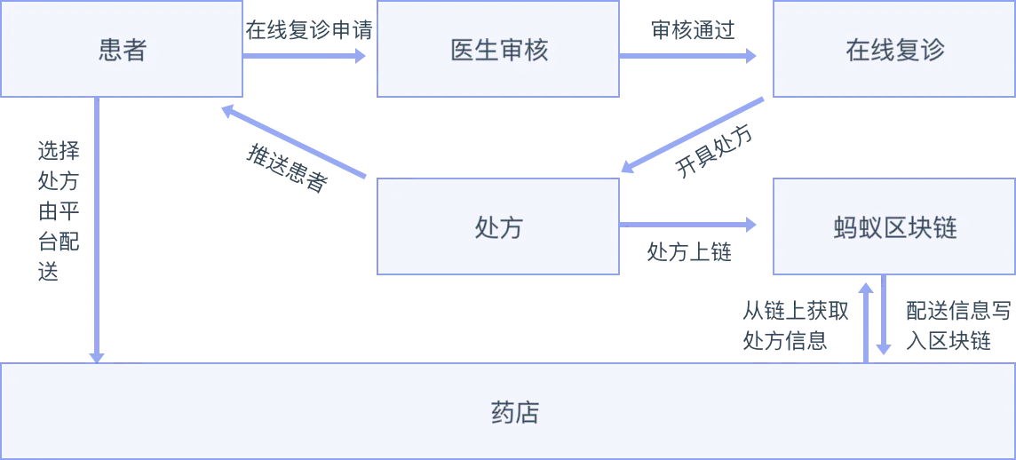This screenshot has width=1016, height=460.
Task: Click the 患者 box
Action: [x=123, y=50]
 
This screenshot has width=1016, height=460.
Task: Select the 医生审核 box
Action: [x=499, y=50]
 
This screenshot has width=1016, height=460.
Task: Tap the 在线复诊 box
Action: [x=893, y=50]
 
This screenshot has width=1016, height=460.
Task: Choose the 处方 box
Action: [x=498, y=227]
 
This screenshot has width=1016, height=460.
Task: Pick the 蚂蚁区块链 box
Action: [x=893, y=227]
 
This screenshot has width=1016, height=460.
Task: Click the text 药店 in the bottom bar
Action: [x=515, y=413]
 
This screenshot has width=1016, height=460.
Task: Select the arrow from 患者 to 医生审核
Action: [x=306, y=55]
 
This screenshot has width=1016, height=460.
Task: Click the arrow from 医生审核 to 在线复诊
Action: [x=690, y=55]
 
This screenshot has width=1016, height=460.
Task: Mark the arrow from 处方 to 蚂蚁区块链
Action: [x=690, y=224]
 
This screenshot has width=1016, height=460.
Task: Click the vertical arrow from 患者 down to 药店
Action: [x=96, y=231]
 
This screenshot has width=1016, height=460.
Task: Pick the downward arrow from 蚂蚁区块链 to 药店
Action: [x=885, y=315]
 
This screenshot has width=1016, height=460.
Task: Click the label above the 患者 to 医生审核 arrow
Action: [x=311, y=30]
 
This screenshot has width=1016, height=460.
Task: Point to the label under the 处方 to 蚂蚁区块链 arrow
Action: [x=689, y=253]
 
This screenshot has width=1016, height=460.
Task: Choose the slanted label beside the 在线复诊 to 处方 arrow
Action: [x=715, y=151]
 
